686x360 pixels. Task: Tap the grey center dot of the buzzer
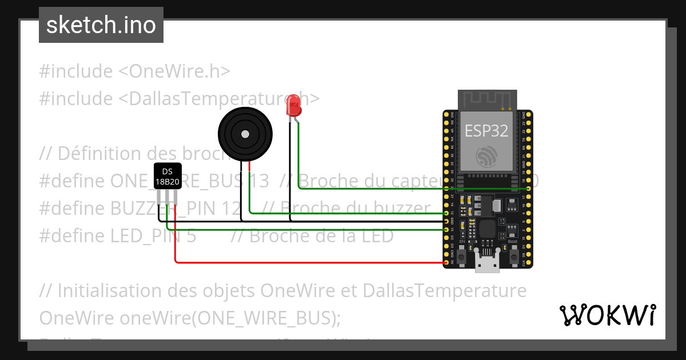245,134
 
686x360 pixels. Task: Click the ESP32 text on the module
486,131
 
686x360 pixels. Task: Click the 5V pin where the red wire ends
446,263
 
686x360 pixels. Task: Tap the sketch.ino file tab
101,25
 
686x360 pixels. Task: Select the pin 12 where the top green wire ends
446,213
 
